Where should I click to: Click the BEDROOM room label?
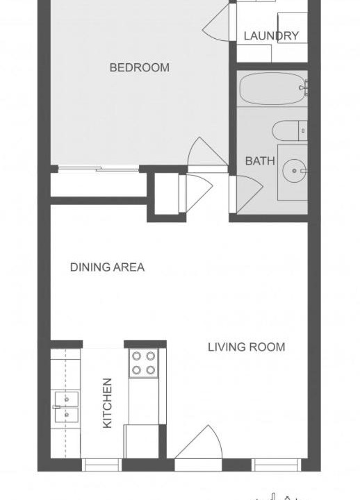(140, 67)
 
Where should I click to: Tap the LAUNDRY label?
(271, 35)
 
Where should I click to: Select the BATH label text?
(260, 161)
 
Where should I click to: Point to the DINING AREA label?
(107, 267)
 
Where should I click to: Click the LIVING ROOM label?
(247, 347)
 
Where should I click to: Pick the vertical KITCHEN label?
(107, 403)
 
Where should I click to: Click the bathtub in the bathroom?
(272, 88)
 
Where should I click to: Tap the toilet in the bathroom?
(290, 131)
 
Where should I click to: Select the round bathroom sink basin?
(294, 171)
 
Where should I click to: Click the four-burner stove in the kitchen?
(144, 363)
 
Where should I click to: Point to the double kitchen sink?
(67, 407)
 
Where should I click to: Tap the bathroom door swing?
(246, 194)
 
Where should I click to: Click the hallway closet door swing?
(196, 193)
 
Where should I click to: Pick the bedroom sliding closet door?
(99, 169)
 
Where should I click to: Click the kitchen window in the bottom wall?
(101, 465)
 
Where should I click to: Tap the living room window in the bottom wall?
(277, 465)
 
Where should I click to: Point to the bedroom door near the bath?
(208, 152)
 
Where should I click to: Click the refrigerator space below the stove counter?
(141, 442)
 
